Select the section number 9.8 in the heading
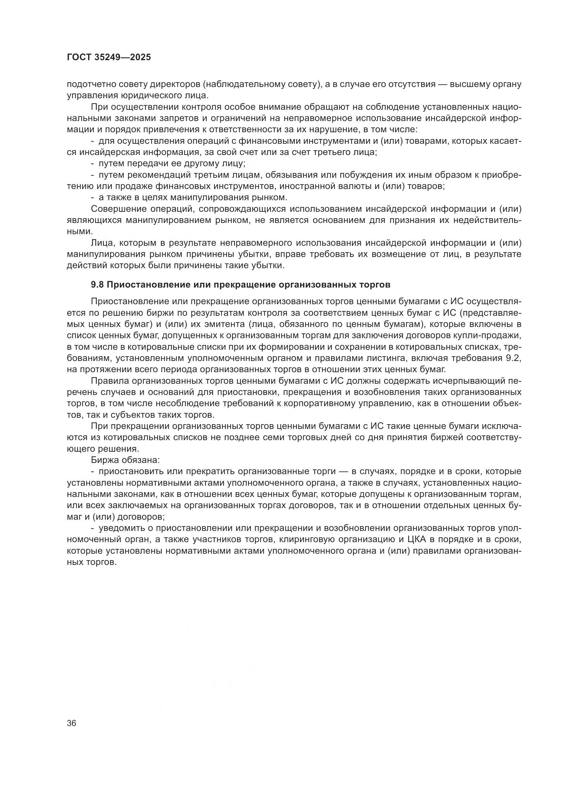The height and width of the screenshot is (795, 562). coord(98,285)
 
